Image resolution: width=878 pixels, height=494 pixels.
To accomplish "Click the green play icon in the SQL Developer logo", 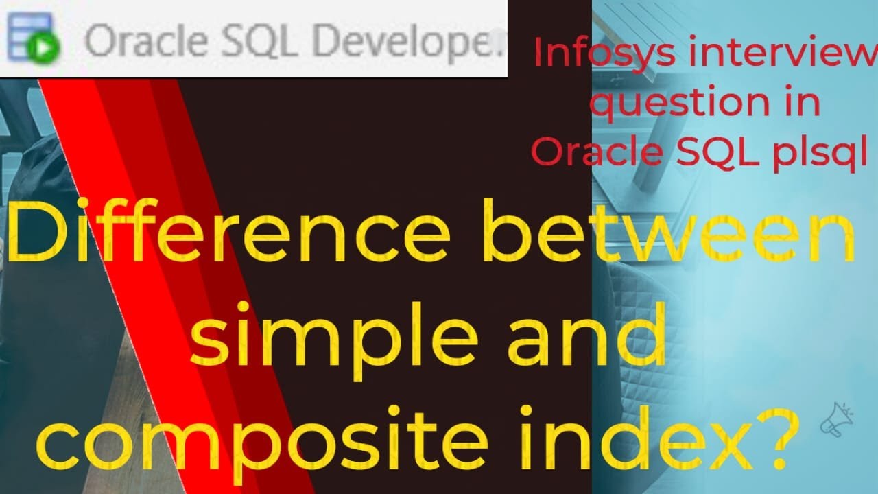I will tap(46, 49).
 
